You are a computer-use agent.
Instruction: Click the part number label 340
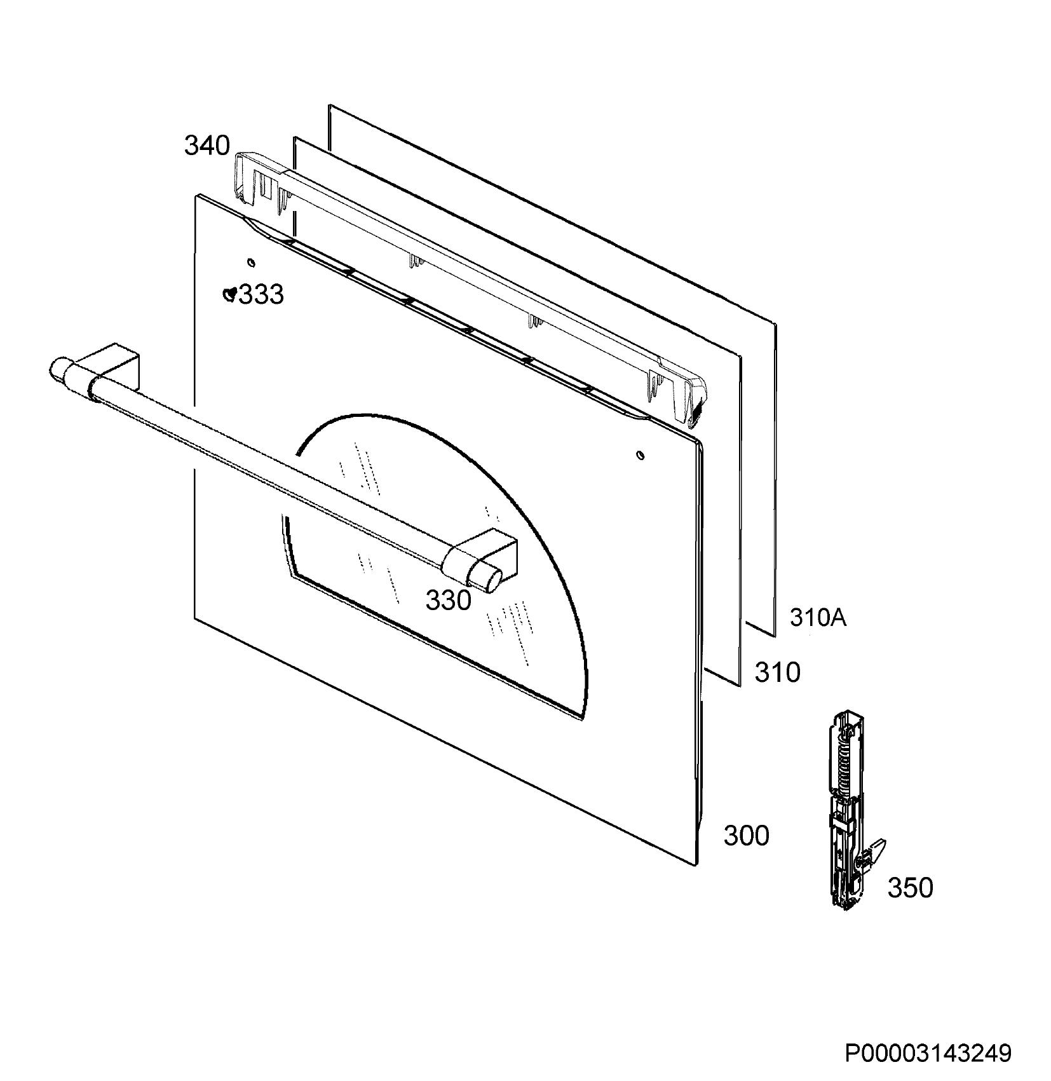(x=207, y=146)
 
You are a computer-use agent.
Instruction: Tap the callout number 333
(x=261, y=295)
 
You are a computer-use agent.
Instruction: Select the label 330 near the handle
(x=448, y=600)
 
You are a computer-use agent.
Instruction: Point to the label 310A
(x=818, y=617)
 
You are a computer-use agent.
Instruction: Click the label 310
(x=777, y=672)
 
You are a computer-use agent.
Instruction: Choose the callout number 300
(x=746, y=836)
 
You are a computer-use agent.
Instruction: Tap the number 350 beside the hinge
(x=910, y=888)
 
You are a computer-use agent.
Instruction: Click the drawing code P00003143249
(x=928, y=1054)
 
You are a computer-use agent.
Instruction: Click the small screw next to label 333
(x=231, y=294)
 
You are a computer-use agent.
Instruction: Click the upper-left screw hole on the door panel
(x=250, y=262)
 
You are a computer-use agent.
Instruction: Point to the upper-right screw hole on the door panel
(x=640, y=455)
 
